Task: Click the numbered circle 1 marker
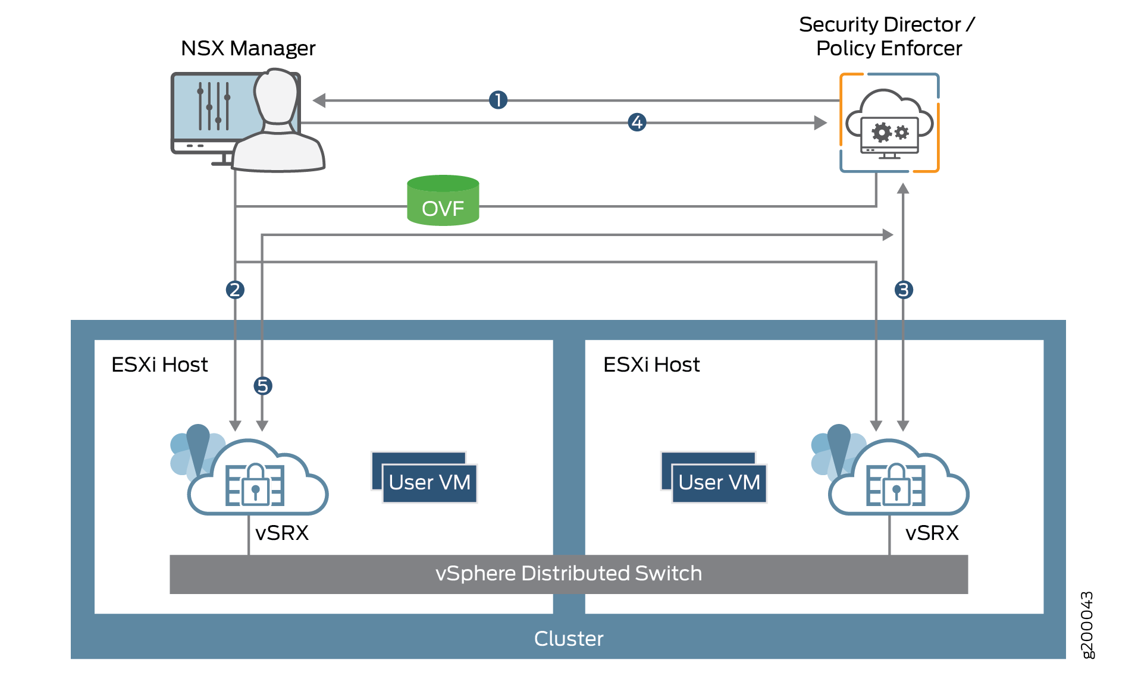pos(498,100)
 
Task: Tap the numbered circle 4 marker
pos(637,122)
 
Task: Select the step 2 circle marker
pos(235,290)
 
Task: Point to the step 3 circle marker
pos(904,290)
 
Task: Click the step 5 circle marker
pos(263,386)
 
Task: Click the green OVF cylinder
pos(443,201)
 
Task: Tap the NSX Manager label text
pos(247,48)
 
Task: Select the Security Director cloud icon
pos(889,123)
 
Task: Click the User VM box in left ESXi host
pos(429,482)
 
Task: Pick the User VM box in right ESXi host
pos(719,482)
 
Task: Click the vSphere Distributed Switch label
pos(568,573)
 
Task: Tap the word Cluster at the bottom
pos(568,639)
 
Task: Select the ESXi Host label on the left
pos(159,365)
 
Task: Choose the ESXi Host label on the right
pos(651,365)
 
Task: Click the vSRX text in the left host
pos(282,533)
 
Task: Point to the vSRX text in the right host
pos(932,533)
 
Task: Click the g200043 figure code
pos(1087,625)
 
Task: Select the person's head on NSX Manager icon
pos(276,95)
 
